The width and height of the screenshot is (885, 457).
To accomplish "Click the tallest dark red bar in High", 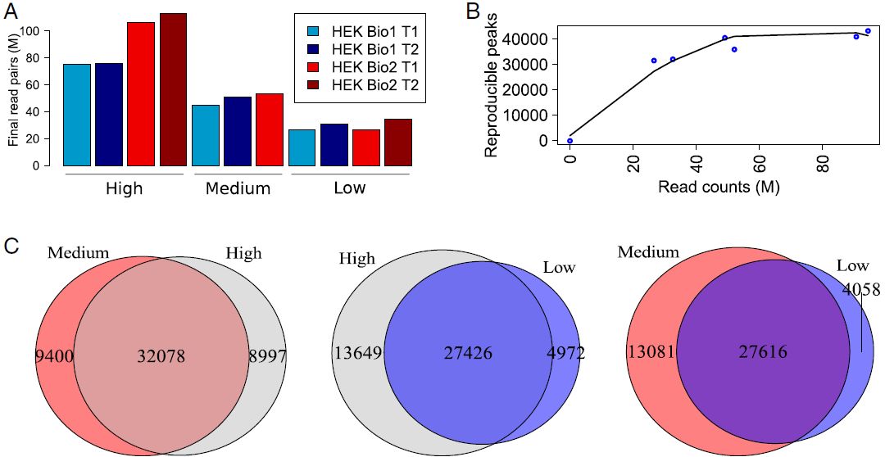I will click(x=173, y=89).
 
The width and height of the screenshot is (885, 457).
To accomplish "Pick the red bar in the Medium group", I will click(x=270, y=129).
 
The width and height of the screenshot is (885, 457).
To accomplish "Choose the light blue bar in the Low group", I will click(x=302, y=147).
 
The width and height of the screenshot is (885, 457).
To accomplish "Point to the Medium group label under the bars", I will click(x=238, y=189).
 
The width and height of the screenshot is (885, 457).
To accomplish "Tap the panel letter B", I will click(x=473, y=11).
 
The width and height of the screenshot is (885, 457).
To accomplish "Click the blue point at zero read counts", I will click(x=570, y=141).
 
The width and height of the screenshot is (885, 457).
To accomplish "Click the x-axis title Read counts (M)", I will click(x=718, y=187).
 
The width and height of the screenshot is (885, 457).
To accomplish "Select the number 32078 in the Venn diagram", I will click(x=161, y=357).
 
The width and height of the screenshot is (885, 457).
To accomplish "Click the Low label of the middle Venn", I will click(x=560, y=268).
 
